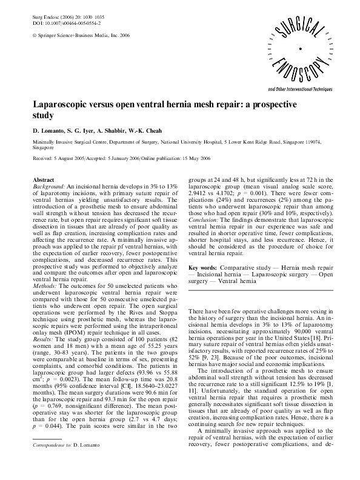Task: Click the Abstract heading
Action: coord(43,181)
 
